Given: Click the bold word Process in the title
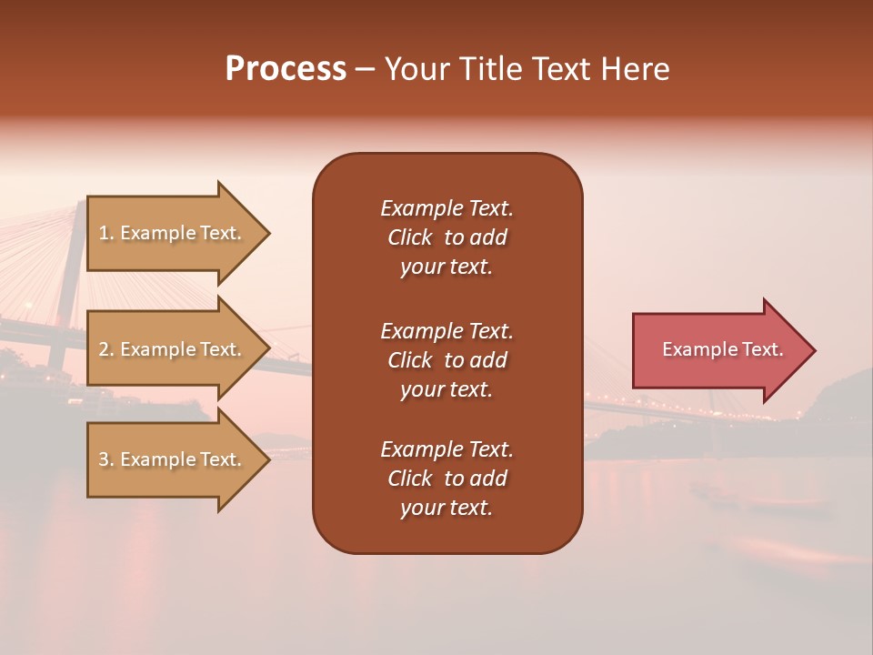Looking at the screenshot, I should (286, 69).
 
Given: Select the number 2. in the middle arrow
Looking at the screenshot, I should (106, 349).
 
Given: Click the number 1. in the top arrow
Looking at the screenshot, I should (106, 233).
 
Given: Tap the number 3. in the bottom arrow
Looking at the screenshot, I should (106, 459).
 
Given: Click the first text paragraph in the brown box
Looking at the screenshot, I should (447, 237).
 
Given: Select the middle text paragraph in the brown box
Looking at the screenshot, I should (447, 360).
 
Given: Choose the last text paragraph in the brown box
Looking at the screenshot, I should (447, 479).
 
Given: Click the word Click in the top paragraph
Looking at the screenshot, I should (410, 237).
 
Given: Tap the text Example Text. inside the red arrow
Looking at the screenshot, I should (723, 349).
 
